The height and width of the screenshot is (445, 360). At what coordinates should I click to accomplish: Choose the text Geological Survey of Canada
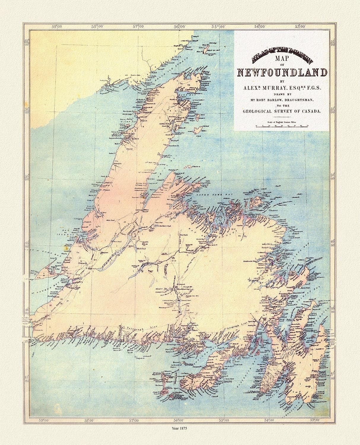282,111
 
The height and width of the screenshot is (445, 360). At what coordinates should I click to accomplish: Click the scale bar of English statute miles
282,125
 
